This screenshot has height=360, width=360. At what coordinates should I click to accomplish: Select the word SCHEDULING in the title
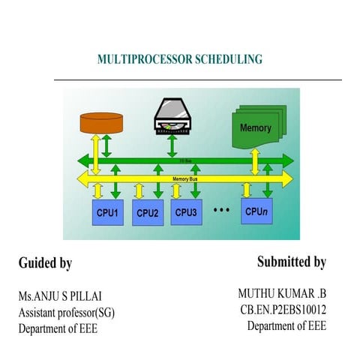226,58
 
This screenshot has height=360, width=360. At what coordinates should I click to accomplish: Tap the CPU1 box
107,213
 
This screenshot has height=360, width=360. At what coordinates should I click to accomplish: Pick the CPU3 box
186,213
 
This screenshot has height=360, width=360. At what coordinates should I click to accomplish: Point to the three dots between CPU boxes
221,210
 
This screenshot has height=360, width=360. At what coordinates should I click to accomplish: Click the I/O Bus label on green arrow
184,160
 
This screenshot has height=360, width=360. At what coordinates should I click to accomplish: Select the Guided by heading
45,263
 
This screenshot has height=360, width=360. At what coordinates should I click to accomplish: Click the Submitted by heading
291,262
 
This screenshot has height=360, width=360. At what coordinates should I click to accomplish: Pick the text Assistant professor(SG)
67,313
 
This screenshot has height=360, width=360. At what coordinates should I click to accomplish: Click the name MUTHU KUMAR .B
282,293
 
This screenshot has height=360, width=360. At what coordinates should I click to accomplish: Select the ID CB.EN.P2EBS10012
283,309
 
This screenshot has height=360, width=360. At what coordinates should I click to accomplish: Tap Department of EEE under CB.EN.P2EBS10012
286,325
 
